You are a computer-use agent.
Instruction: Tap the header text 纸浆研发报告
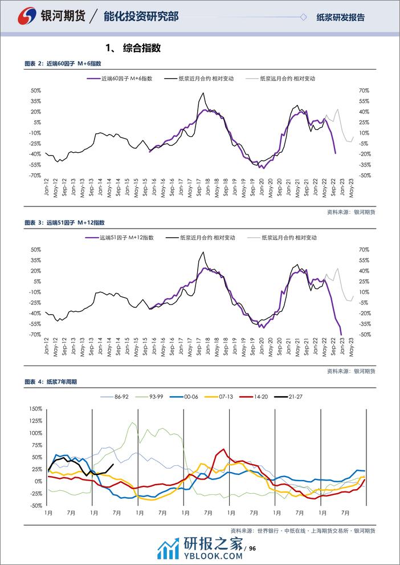coord(340,17)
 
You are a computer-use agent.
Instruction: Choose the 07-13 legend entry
coord(226,396)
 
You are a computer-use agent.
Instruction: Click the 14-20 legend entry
coord(260,396)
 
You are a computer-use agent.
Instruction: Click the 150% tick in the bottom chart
coord(35,409)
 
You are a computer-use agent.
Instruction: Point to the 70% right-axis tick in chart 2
coord(363,91)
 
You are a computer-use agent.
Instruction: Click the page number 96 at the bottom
coord(254,549)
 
